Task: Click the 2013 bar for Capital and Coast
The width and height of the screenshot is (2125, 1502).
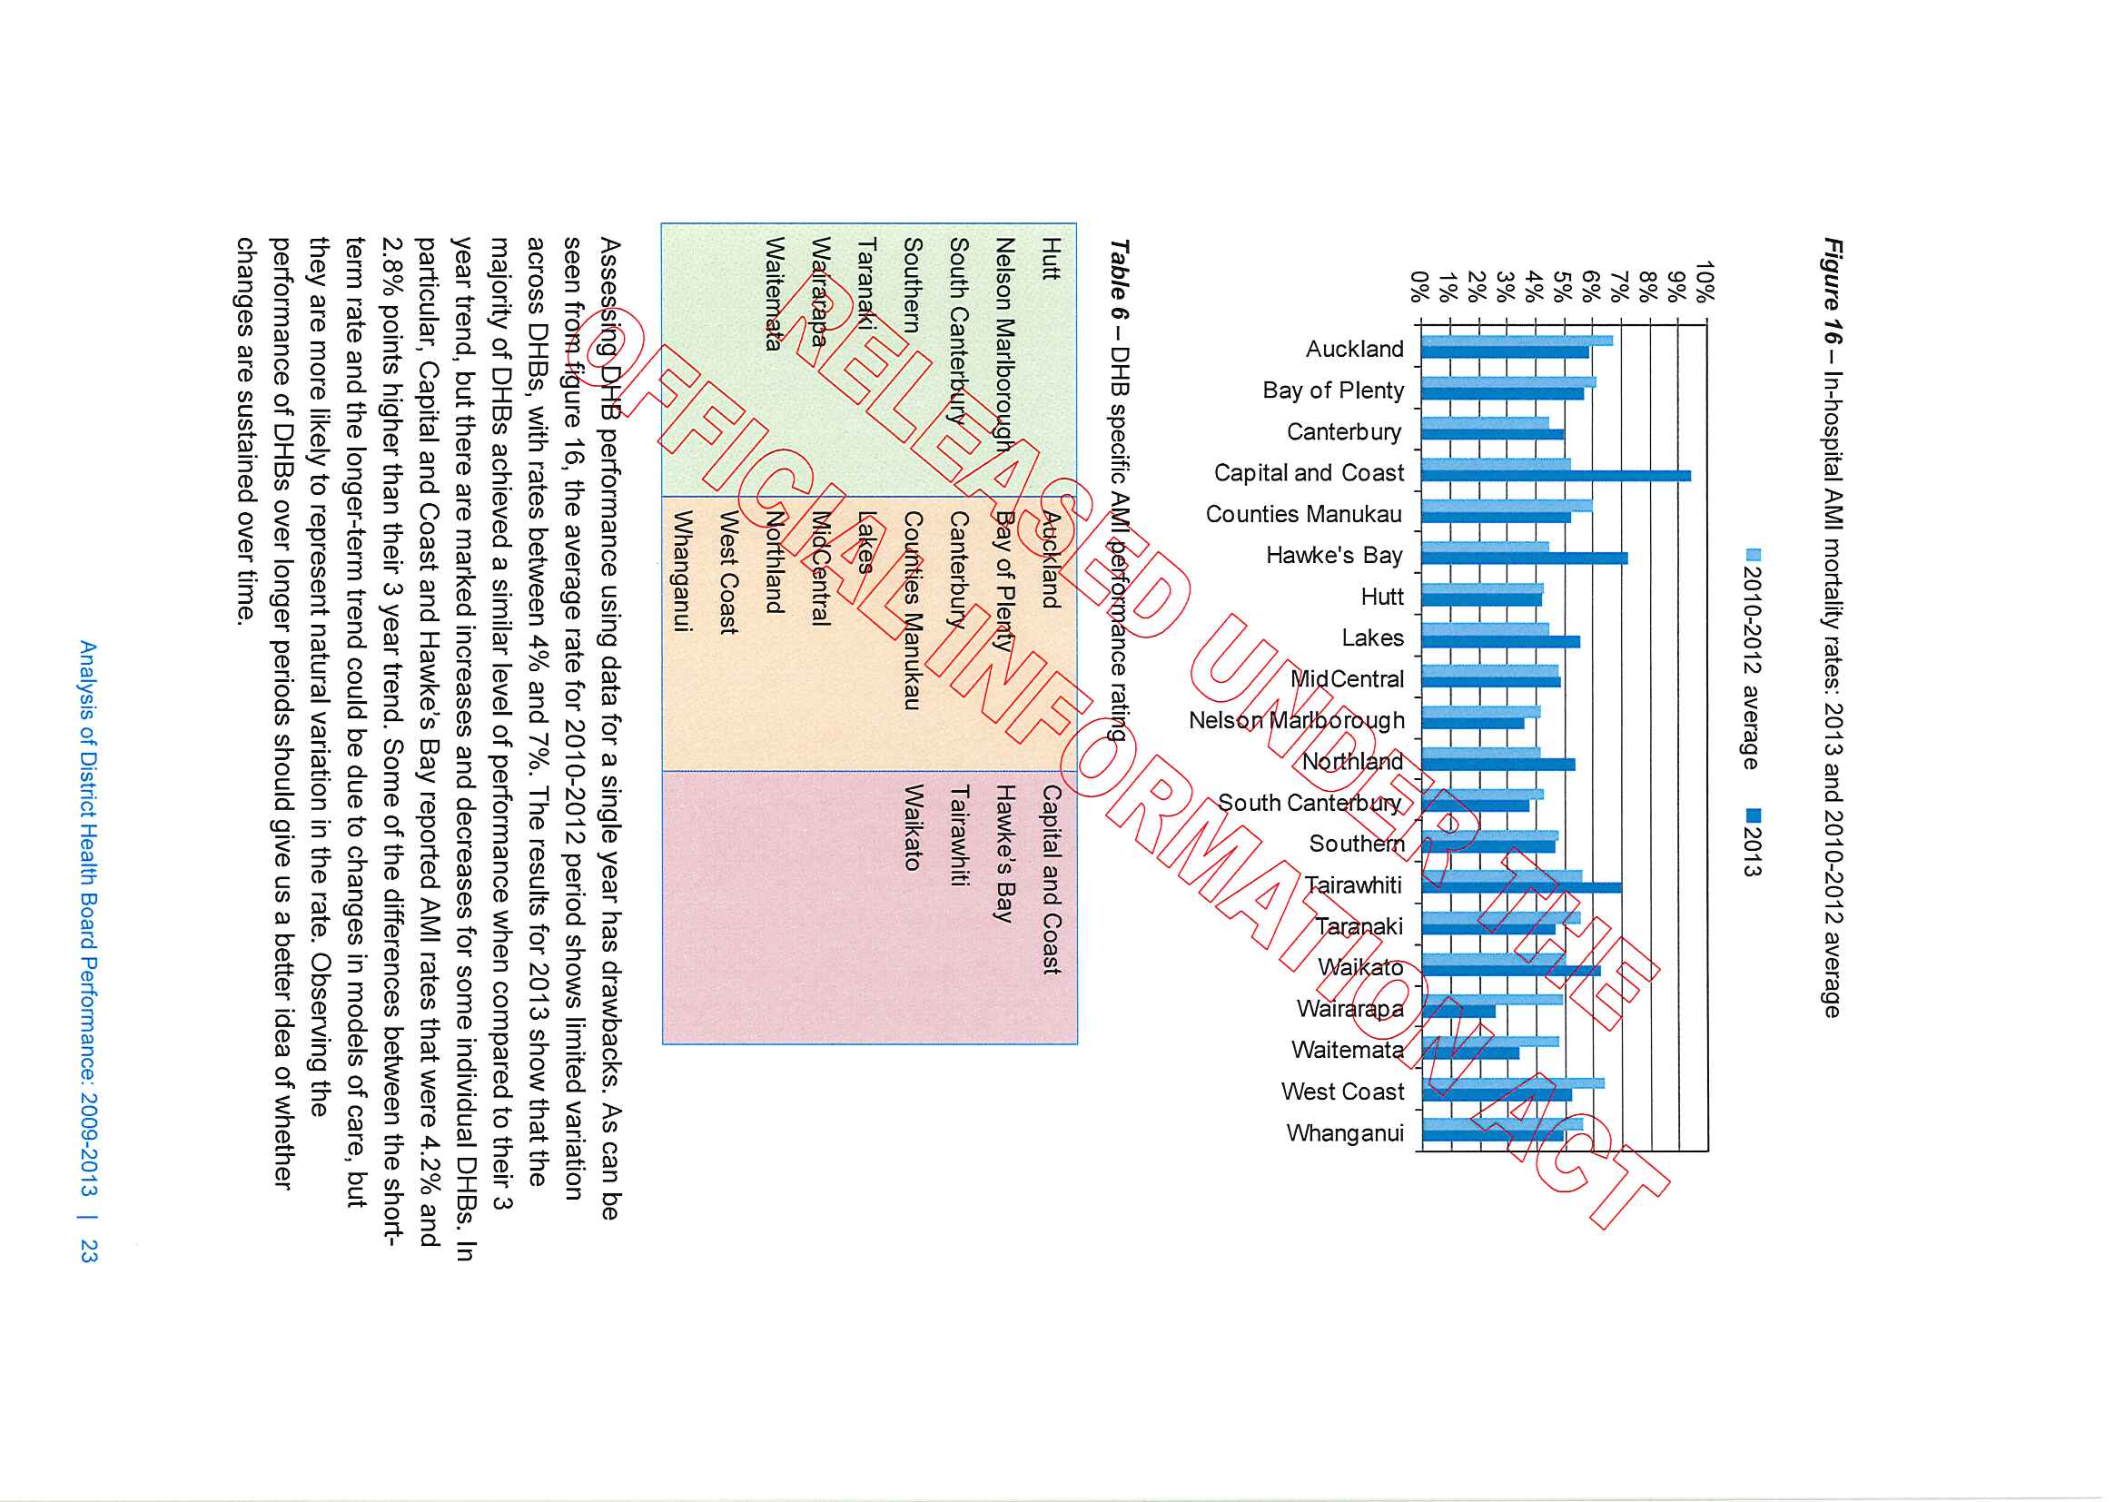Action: click(x=1555, y=476)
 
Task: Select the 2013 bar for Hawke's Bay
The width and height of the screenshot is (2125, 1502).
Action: click(x=1524, y=558)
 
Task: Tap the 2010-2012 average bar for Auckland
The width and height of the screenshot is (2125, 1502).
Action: click(x=1516, y=341)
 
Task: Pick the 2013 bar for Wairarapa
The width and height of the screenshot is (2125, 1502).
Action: click(x=1458, y=1012)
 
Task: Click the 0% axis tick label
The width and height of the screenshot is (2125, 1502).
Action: click(x=1418, y=286)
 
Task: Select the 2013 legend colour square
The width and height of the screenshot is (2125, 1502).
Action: click(x=1753, y=815)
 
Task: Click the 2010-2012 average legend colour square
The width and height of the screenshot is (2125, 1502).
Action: click(x=1753, y=555)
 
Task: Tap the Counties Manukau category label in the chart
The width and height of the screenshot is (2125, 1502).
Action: click(x=1303, y=515)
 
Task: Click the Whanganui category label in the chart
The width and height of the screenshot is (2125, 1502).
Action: click(x=1345, y=1133)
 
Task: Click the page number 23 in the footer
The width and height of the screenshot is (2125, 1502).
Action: click(x=89, y=1251)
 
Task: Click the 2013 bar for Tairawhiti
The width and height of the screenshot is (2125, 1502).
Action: click(x=1520, y=887)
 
